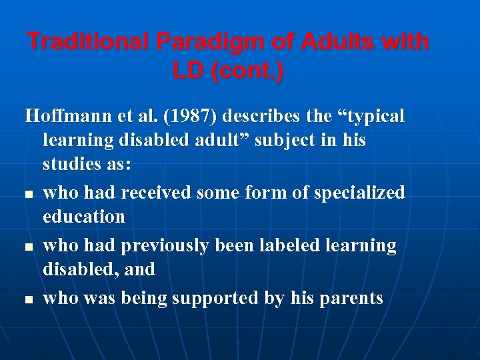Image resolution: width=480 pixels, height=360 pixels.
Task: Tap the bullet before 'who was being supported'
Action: pyautogui.click(x=29, y=300)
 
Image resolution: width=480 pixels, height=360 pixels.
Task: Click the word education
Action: pyautogui.click(x=83, y=217)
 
